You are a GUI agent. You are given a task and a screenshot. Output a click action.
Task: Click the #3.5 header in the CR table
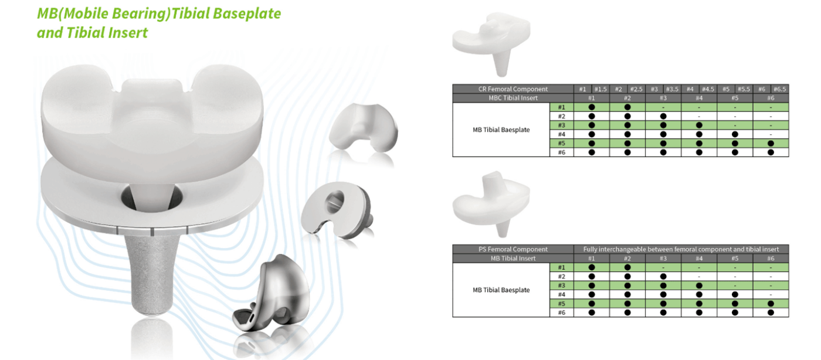pyautogui.click(x=672, y=89)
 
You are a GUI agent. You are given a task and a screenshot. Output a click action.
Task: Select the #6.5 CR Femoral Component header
pyautogui.click(x=779, y=89)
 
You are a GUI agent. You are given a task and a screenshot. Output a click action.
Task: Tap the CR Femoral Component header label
pyautogui.click(x=513, y=89)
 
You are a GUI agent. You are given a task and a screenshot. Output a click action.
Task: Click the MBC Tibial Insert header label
pyautogui.click(x=513, y=98)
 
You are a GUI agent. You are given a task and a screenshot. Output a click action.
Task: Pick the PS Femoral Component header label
pyautogui.click(x=513, y=249)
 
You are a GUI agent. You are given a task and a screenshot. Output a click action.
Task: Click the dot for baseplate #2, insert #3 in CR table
pyautogui.click(x=663, y=116)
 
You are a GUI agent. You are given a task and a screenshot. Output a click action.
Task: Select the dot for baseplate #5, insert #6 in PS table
pyautogui.click(x=771, y=304)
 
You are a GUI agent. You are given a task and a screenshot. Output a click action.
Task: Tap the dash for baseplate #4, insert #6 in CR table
pyautogui.click(x=771, y=134)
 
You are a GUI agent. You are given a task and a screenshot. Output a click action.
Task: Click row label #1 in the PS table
pyautogui.click(x=561, y=267)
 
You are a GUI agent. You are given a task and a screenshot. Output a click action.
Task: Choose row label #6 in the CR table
pyautogui.click(x=561, y=152)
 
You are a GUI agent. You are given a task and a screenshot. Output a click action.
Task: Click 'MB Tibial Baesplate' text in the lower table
pyautogui.click(x=501, y=290)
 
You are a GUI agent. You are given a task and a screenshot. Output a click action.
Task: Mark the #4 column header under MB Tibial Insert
pyautogui.click(x=699, y=259)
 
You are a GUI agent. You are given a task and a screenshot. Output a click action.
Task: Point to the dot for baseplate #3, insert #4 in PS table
pyautogui.click(x=699, y=286)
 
